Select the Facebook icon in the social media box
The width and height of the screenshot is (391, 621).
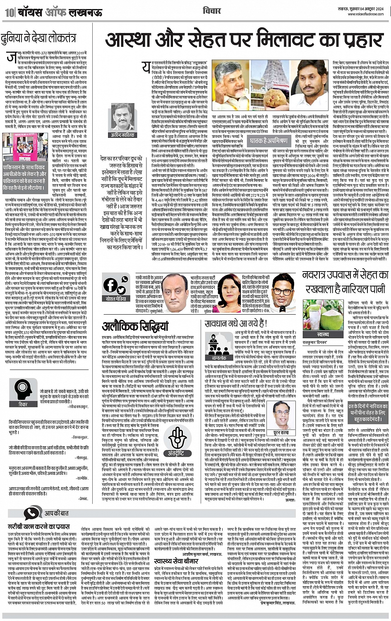click(110, 284)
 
